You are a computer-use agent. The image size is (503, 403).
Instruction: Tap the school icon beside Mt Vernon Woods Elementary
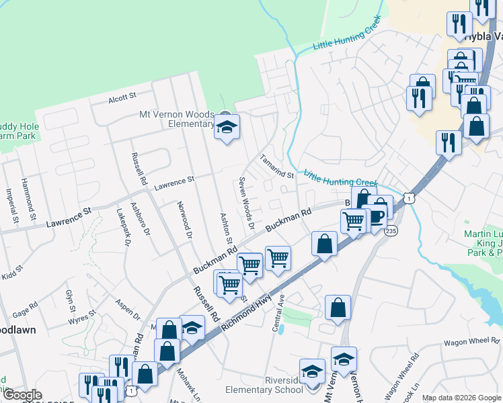point(227,127)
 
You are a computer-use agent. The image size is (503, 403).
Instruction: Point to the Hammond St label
point(30,197)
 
